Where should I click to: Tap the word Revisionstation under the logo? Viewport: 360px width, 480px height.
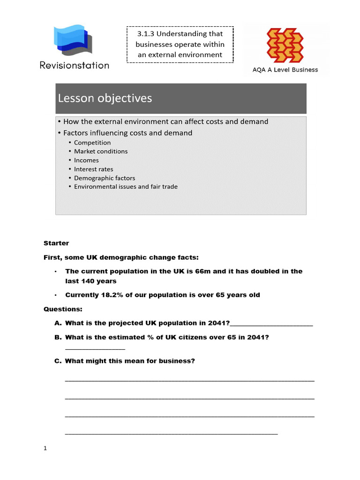coord(75,66)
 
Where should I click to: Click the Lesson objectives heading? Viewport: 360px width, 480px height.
coord(105,98)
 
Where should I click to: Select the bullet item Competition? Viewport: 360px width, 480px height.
coord(92,142)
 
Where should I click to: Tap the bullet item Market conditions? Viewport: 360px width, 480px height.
coord(101,151)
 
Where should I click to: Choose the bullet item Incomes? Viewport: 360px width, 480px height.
coord(86,160)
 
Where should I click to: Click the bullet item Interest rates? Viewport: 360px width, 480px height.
coord(93,169)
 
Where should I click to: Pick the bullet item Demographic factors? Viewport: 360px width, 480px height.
coord(105,178)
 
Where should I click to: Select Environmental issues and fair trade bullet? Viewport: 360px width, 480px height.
coord(126,187)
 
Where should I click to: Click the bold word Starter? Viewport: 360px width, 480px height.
coord(56,243)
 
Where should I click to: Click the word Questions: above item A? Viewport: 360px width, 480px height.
coord(63,309)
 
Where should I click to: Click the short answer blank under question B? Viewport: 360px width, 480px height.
coord(95,348)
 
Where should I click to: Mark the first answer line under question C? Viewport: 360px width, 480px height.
coord(189,381)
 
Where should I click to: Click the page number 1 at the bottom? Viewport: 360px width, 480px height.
coord(45,448)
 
